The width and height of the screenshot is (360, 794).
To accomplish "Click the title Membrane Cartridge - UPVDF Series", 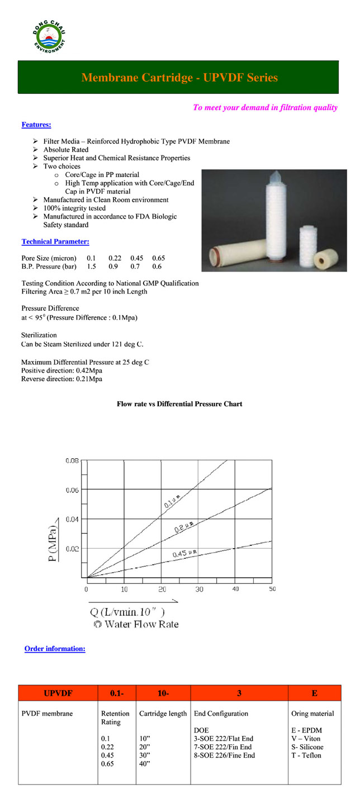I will click(179, 78).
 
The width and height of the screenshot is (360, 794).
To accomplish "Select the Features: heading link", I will click(36, 125).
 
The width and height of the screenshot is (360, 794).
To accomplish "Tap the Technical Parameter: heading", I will click(55, 241).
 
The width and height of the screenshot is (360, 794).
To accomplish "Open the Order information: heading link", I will click(55, 649).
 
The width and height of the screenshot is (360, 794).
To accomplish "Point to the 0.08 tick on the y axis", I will click(72, 461).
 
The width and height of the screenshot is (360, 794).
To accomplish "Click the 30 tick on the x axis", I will click(200, 589).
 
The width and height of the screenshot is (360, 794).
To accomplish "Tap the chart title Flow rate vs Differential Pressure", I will click(179, 403).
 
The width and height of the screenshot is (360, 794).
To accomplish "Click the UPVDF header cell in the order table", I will click(58, 693).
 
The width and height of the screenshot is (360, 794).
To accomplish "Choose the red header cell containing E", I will click(314, 693).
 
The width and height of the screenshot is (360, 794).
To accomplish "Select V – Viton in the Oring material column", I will click(306, 739).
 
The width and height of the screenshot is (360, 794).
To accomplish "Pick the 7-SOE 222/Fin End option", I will click(222, 747).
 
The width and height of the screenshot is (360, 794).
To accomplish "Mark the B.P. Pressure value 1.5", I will click(92, 267).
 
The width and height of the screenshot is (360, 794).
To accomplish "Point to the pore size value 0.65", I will click(159, 258).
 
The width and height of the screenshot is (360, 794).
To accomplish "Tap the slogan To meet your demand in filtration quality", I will click(265, 107).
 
